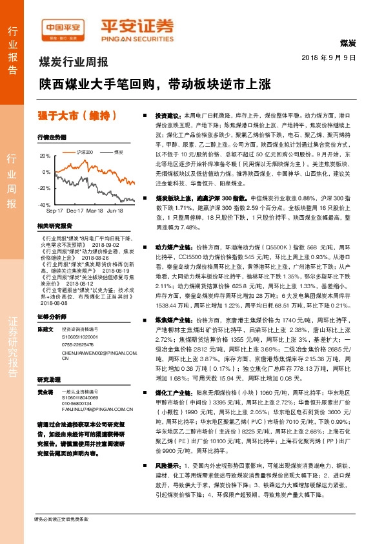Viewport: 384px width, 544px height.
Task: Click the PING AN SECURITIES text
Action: (137, 37)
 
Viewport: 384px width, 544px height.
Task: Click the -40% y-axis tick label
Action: (45, 204)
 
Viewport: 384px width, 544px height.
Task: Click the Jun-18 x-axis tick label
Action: (115, 211)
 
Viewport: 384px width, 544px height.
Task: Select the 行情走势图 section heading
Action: (52, 138)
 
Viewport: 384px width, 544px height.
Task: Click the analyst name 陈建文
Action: (45, 329)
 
